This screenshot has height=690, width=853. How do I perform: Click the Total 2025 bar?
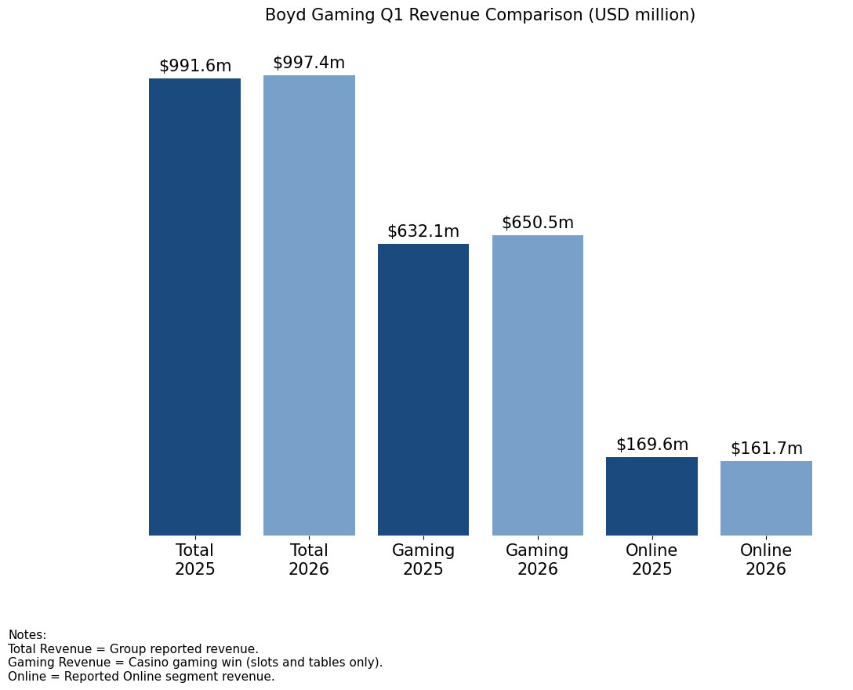click(x=194, y=307)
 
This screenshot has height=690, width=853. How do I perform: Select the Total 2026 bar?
click(x=309, y=305)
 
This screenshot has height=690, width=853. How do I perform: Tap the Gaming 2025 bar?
click(x=423, y=390)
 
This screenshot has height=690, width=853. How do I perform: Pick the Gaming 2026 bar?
click(x=538, y=385)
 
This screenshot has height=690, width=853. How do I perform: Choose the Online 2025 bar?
click(x=652, y=496)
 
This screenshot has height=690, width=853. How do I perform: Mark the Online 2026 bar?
click(x=766, y=498)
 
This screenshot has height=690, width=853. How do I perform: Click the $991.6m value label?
click(x=195, y=66)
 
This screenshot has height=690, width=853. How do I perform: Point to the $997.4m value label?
click(x=309, y=63)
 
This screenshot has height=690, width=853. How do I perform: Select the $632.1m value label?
click(x=423, y=231)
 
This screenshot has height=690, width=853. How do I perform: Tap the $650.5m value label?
click(x=538, y=223)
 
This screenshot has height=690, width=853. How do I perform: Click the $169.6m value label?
click(x=652, y=445)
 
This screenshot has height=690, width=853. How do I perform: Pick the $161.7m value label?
click(x=766, y=448)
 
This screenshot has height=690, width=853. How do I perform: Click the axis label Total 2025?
click(x=194, y=560)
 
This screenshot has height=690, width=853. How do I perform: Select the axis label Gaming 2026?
click(x=538, y=560)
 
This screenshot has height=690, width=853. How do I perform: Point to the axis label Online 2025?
click(x=652, y=560)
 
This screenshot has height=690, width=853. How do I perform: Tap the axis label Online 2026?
click(x=766, y=560)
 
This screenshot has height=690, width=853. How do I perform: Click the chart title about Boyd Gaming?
click(x=480, y=15)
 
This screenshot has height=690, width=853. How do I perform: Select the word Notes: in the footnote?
click(x=27, y=635)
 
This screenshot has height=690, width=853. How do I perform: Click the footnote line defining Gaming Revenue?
click(x=195, y=663)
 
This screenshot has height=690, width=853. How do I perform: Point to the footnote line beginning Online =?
click(x=141, y=677)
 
